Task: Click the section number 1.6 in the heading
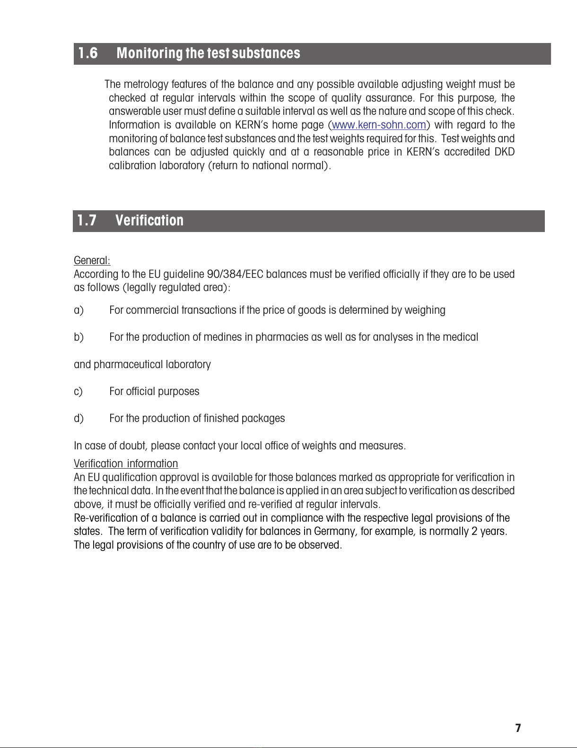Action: pyautogui.click(x=88, y=53)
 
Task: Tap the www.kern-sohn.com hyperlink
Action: pyautogui.click(x=379, y=125)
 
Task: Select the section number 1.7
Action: pyautogui.click(x=87, y=221)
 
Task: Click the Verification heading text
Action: pyautogui.click(x=149, y=221)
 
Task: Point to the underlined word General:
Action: pyautogui.click(x=92, y=260)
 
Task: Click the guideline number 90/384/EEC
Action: pyautogui.click(x=235, y=274)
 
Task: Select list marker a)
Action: pyautogui.click(x=79, y=310)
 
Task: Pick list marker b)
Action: pyautogui.click(x=79, y=337)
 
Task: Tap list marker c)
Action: pyautogui.click(x=78, y=392)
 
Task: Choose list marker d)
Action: pyautogui.click(x=79, y=419)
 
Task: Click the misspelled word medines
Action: pyautogui.click(x=223, y=337)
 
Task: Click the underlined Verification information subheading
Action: pyautogui.click(x=126, y=464)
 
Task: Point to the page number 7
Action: pyautogui.click(x=518, y=728)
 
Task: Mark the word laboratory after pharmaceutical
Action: pyautogui.click(x=188, y=365)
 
